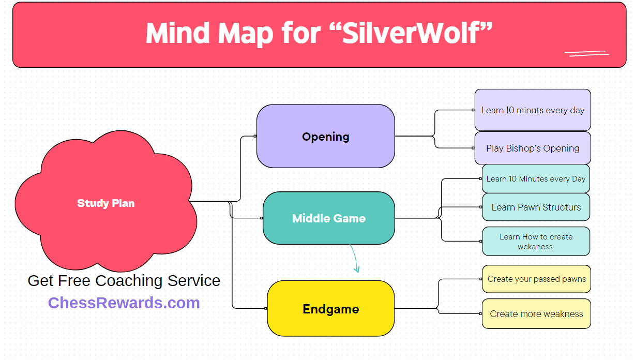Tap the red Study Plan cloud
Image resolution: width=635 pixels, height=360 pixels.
click(x=105, y=203)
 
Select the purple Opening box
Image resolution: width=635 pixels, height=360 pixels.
click(x=326, y=137)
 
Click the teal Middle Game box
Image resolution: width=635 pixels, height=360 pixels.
click(x=328, y=218)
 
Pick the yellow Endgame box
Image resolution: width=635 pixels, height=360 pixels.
click(x=330, y=309)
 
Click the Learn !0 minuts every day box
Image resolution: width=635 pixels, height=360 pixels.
click(x=533, y=110)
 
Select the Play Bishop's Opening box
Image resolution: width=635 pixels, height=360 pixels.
click(x=533, y=148)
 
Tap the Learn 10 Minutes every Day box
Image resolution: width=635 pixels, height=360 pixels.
click(x=536, y=179)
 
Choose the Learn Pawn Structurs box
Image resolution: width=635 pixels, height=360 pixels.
click(x=536, y=207)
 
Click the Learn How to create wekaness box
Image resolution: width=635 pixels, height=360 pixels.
click(x=536, y=242)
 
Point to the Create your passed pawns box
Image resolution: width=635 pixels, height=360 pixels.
click(x=536, y=279)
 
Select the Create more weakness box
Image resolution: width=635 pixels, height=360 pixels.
click(x=536, y=313)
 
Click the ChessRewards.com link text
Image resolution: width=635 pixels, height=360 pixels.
click(x=124, y=303)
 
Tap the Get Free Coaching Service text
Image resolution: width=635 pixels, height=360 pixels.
click(x=124, y=280)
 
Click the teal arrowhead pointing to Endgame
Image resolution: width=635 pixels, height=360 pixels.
click(x=356, y=268)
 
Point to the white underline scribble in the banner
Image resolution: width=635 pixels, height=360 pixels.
click(x=586, y=53)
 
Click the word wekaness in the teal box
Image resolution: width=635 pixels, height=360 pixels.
click(x=535, y=247)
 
